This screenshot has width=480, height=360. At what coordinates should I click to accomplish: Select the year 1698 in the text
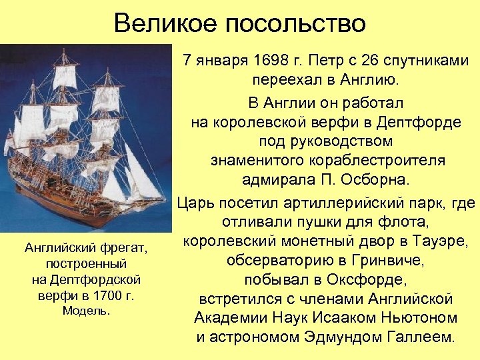point(276,61)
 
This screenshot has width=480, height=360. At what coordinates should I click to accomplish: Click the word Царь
point(198,201)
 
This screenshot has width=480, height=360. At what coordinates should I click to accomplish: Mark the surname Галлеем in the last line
point(421,337)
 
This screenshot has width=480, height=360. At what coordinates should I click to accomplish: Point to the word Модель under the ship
point(85,311)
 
